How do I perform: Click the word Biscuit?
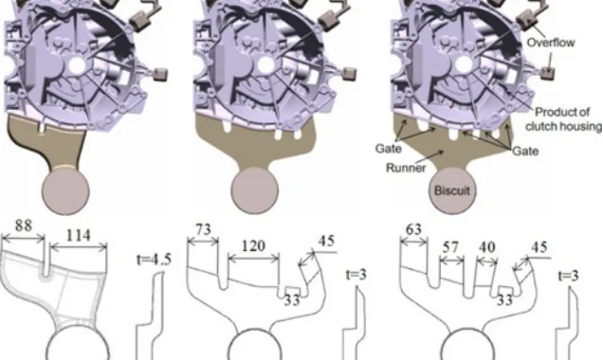coord(452,190)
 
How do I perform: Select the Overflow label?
coord(551,43)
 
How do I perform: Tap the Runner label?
coord(406,168)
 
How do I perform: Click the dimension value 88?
coord(24,225)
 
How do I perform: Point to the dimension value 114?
coord(79,235)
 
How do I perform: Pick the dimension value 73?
coord(203,230)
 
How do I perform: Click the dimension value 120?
coord(252,246)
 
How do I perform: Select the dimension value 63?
coord(413,229)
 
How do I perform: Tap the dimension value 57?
coord(450,247)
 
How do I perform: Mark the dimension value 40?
coord(487,247)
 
